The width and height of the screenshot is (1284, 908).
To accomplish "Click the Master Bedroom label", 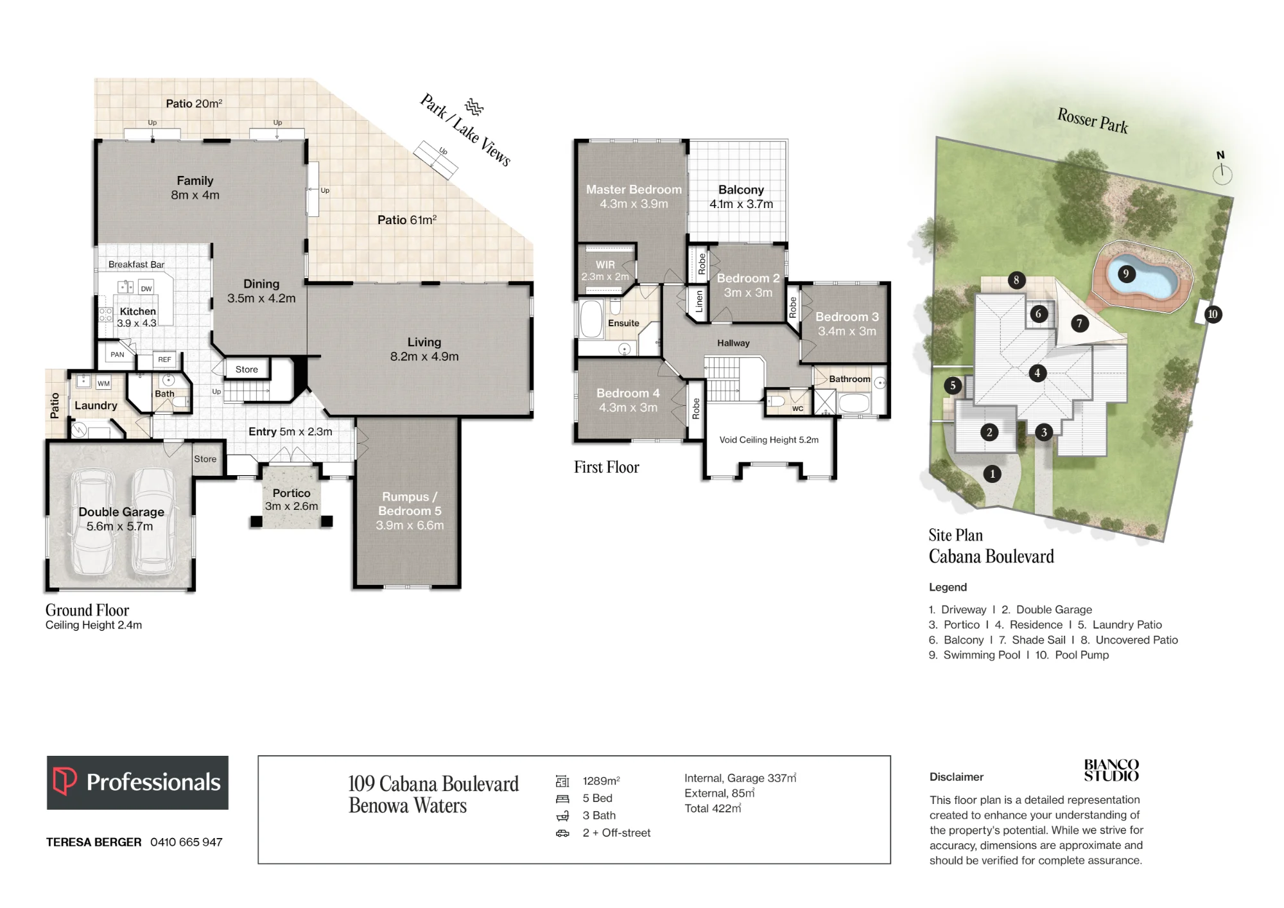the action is coord(634,196).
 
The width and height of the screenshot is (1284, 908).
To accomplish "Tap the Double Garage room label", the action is coord(121,519).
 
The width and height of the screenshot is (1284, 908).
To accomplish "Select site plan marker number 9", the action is coord(1125,274).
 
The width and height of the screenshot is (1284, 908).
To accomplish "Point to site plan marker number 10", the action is coord(1212,315).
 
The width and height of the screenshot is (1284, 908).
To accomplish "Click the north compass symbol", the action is coord(1222,169).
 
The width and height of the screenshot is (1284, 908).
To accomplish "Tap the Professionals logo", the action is coord(137,782).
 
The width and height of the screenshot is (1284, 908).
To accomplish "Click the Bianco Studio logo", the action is coord(1111,770).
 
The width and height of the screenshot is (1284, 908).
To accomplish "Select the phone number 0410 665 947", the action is coord(186,842).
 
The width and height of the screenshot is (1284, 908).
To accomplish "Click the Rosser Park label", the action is coord(1092,120).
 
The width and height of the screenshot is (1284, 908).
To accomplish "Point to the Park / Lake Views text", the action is coord(465,130).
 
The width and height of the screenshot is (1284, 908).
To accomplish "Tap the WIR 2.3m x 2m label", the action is coord(605,270).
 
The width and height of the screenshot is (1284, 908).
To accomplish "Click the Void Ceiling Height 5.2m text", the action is coord(768,440).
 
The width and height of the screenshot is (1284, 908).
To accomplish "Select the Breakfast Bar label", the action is coord(136,265).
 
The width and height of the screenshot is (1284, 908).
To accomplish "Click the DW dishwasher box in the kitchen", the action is coord(146,288).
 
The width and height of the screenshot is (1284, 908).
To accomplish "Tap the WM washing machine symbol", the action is coord(103,383).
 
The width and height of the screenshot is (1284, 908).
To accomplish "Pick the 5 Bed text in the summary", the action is coord(597,798).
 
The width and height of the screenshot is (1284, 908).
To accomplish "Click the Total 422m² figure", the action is coord(713,808).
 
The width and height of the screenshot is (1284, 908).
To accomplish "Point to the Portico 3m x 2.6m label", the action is coord(291,500).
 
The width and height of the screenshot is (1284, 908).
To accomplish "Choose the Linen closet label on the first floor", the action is coord(699,301).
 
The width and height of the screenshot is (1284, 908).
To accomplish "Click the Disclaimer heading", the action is coord(956,777).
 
